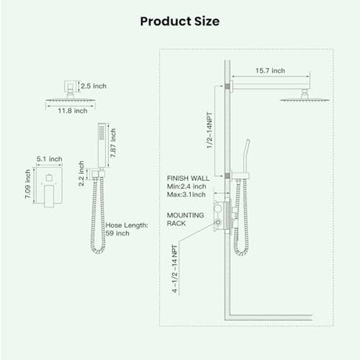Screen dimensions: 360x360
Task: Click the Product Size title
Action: [x=180, y=21]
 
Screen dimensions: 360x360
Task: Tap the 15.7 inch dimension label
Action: [x=270, y=70]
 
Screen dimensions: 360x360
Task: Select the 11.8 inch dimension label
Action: [x=73, y=110]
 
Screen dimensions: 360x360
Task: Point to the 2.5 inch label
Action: [x=93, y=86]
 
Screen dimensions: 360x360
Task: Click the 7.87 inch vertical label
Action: [x=113, y=142]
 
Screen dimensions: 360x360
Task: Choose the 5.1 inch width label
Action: [x=49, y=159]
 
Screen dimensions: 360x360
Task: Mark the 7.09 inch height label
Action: [x=28, y=184]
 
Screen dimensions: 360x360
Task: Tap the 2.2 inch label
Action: [x=81, y=173]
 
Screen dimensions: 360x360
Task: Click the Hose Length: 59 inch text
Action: [x=127, y=229]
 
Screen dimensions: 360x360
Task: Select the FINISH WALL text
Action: [x=188, y=178]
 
